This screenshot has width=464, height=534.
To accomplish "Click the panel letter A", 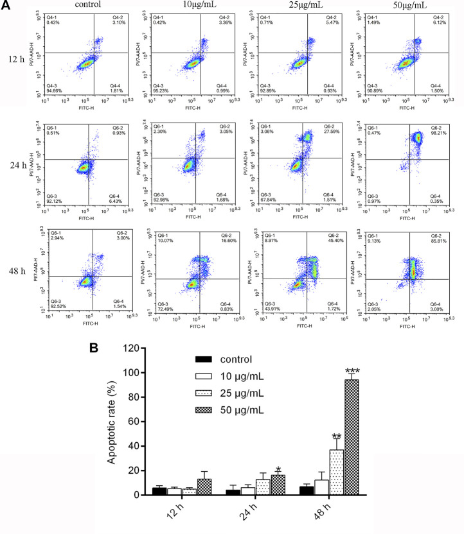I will pyautogui.click(x=6, y=6).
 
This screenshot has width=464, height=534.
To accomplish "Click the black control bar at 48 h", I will pyautogui.click(x=307, y=490).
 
